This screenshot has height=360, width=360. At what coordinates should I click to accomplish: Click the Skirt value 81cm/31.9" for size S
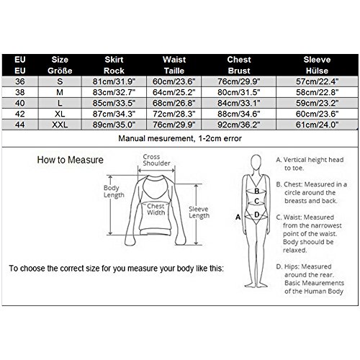tap(114, 81)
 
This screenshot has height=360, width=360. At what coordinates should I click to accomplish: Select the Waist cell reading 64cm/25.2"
tap(174, 92)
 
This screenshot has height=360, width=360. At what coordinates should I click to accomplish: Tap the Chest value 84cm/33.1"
tap(239, 103)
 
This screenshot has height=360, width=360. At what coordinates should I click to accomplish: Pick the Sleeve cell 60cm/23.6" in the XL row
tap(317, 114)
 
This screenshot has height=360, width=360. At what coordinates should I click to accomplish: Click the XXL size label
tap(60, 125)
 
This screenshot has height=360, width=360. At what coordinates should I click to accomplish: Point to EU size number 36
tap(20, 81)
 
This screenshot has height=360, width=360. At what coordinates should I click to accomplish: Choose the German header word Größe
tap(60, 71)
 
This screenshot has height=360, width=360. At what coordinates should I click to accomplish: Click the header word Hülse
tap(317, 71)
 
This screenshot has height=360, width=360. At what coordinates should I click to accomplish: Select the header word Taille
tap(174, 71)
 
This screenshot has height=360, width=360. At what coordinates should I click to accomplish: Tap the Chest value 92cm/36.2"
tap(239, 125)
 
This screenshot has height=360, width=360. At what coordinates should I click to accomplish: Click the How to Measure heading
tap(71, 160)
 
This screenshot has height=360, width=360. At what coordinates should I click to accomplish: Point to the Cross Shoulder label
tap(156, 160)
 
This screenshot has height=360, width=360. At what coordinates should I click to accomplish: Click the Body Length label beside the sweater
tap(114, 192)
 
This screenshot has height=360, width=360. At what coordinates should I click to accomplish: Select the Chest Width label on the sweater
tap(156, 210)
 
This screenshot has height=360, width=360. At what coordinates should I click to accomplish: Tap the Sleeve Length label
tap(199, 212)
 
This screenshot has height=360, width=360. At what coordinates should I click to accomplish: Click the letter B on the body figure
tap(257, 191)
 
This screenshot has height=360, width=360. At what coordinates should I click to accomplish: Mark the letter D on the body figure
tap(257, 215)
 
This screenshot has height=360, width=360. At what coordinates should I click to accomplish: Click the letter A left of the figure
tap(238, 217)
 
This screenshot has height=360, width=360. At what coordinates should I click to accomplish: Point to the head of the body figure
tap(256, 163)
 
